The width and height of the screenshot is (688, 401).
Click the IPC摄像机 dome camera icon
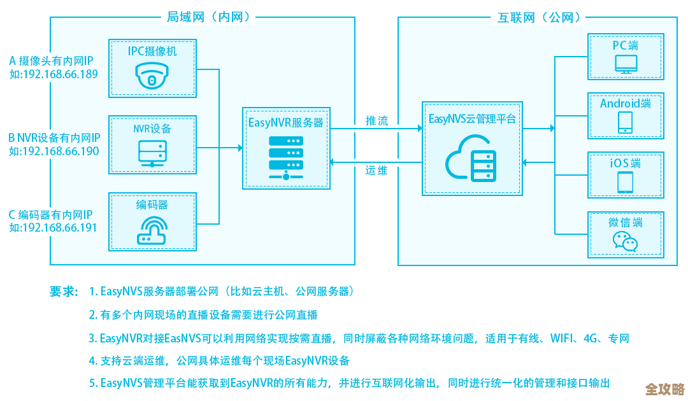click(152, 76)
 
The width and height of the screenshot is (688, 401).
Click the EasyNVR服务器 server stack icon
click(286, 157)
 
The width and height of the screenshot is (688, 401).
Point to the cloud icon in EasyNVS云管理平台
click(471, 162)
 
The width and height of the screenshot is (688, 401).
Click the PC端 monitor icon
click(625, 64)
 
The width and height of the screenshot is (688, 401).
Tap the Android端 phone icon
click(625, 123)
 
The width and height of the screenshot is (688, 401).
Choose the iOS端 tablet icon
click(625, 182)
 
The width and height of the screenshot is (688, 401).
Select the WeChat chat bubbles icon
click(625, 241)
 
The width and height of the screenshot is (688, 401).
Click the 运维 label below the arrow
click(376, 171)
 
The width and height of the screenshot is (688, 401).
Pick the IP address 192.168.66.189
click(61, 74)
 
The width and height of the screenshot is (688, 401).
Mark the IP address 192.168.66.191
click(61, 228)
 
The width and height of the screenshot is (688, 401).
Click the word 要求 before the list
click(63, 292)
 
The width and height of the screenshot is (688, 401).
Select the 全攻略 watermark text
click(664, 388)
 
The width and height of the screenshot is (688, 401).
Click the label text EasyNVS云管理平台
click(471, 119)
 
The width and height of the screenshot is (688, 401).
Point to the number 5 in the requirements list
click(92, 383)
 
